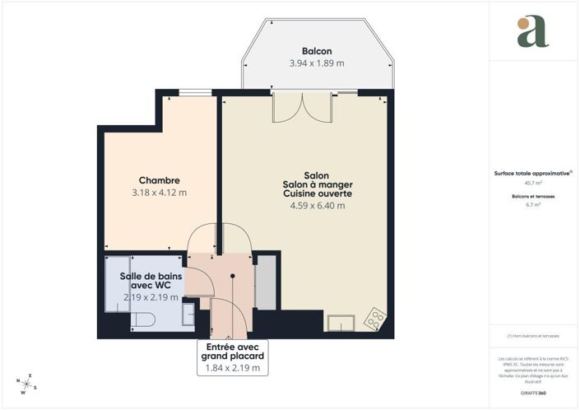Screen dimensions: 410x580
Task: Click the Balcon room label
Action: pyautogui.click(x=317, y=51)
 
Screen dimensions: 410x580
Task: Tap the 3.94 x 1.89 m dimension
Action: pyautogui.click(x=317, y=63)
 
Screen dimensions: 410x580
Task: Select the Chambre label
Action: pyautogui.click(x=159, y=180)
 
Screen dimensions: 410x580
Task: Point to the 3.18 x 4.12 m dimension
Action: pyautogui.click(x=159, y=193)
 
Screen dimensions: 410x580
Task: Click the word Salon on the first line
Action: pyautogui.click(x=317, y=175)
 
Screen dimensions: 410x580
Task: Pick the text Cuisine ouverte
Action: pyautogui.click(x=317, y=194)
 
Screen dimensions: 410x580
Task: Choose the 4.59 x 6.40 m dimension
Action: pyautogui.click(x=317, y=206)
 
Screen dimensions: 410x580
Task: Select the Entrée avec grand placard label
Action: pyautogui.click(x=234, y=352)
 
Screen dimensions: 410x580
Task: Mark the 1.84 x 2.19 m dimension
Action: pyautogui.click(x=234, y=368)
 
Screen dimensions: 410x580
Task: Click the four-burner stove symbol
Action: pyautogui.click(x=374, y=317)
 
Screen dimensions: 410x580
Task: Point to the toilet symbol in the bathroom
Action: pyautogui.click(x=143, y=319)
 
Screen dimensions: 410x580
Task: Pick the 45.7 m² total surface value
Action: pyautogui.click(x=532, y=183)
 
